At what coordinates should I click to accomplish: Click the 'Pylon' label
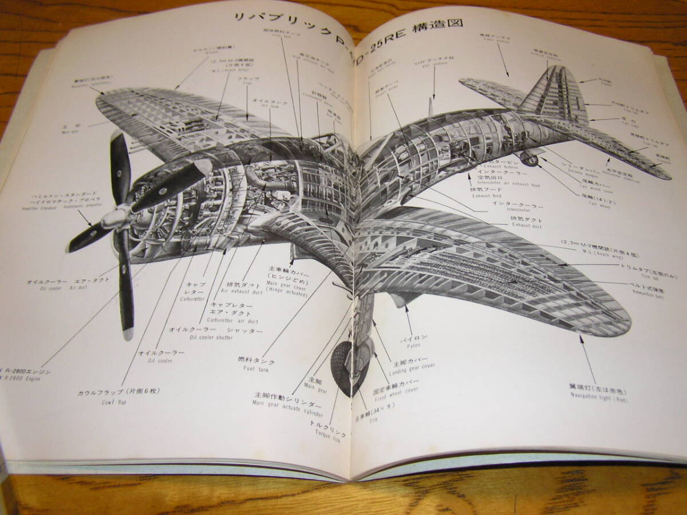413,341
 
